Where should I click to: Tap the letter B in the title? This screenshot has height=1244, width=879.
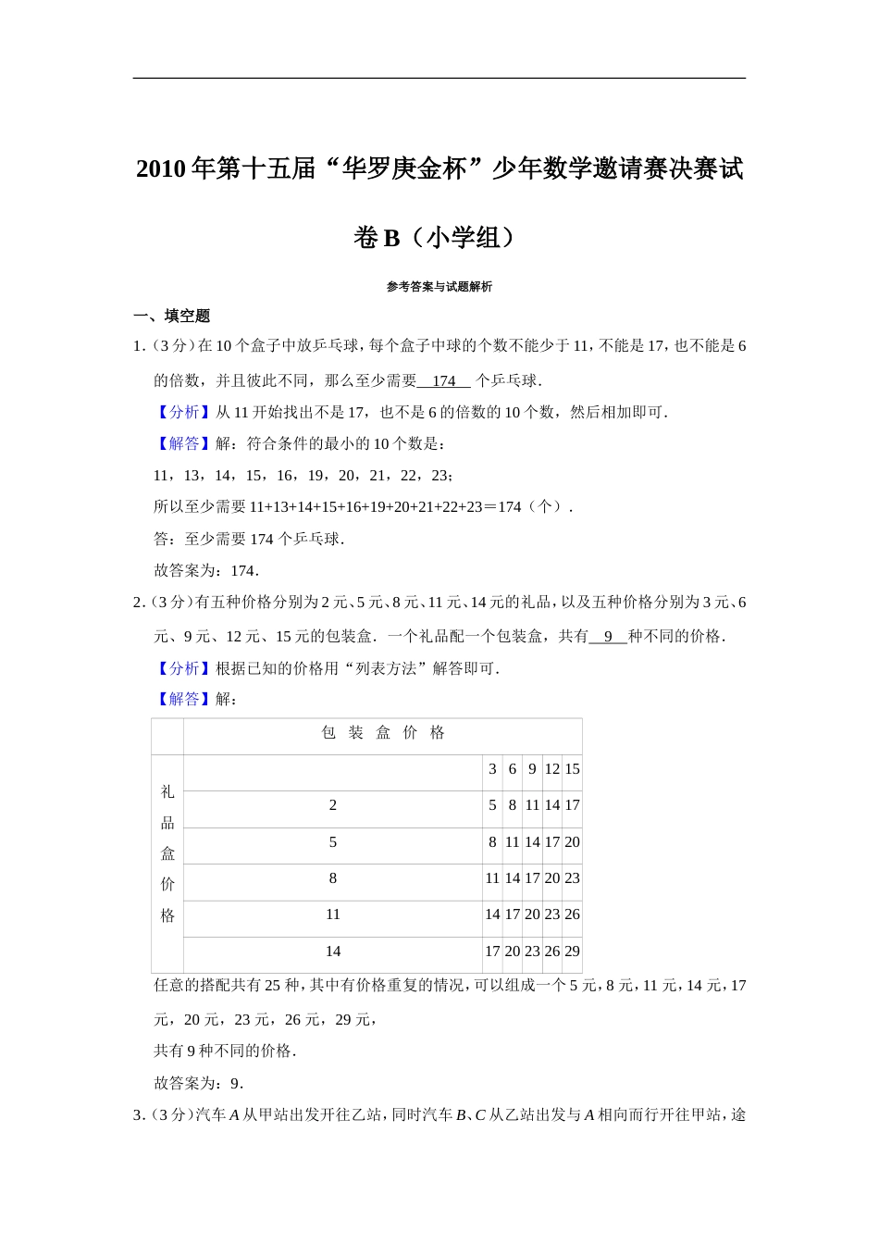click(x=390, y=238)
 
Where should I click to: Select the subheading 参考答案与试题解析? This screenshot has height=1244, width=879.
click(x=439, y=287)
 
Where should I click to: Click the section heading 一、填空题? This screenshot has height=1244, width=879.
click(x=172, y=316)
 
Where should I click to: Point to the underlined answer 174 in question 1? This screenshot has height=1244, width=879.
click(x=444, y=380)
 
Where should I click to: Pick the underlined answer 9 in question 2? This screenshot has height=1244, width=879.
click(x=608, y=636)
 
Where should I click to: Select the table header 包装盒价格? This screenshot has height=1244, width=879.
click(x=383, y=733)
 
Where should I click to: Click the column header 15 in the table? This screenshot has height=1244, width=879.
click(x=572, y=769)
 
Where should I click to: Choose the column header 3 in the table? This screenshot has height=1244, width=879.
click(x=492, y=769)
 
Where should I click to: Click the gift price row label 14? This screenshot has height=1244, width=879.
click(x=333, y=952)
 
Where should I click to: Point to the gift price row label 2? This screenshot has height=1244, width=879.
click(x=333, y=805)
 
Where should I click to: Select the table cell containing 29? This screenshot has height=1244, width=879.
click(x=572, y=952)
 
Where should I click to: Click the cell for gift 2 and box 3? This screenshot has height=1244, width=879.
click(x=492, y=805)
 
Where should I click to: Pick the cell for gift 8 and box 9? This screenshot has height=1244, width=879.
click(x=532, y=878)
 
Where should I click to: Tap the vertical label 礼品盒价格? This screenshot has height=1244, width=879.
click(x=167, y=853)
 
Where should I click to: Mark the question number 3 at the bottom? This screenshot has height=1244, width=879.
click(x=138, y=1115)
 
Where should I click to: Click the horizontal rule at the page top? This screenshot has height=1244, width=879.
click(x=439, y=79)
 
